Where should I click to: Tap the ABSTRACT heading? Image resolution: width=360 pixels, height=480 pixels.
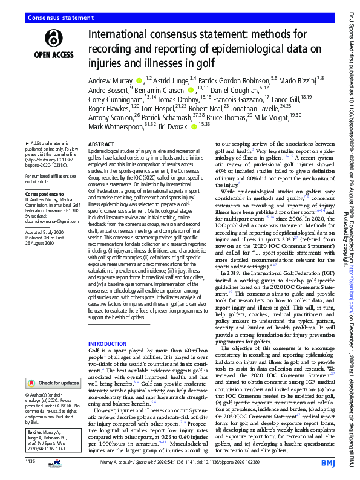101,145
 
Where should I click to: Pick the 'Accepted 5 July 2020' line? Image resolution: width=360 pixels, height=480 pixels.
48,235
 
